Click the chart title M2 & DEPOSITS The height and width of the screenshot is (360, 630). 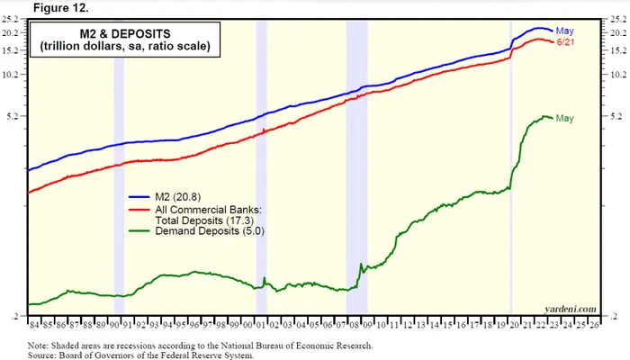(x=119, y=35)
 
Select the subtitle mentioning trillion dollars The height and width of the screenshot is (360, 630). (x=119, y=48)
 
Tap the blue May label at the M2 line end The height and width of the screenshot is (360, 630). (x=565, y=31)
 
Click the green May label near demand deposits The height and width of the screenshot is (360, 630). (x=565, y=118)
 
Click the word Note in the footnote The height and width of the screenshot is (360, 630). (x=38, y=345)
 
